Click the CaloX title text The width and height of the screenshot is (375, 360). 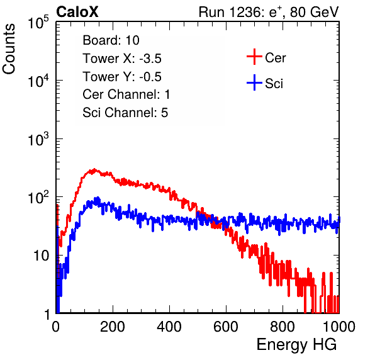tap(77, 12)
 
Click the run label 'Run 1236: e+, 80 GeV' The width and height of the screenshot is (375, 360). tap(269, 12)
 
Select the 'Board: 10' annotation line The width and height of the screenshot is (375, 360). tap(111, 40)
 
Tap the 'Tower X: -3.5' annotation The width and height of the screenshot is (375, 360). tap(122, 59)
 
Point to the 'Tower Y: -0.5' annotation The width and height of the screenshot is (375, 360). tap(122, 77)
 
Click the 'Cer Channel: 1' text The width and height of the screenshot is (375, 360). tap(126, 94)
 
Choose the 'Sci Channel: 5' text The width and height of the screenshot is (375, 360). tap(125, 113)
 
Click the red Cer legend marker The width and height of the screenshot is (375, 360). tap(254, 57)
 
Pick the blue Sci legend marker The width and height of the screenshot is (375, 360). tap(254, 82)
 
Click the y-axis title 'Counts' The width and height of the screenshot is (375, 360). tap(9, 49)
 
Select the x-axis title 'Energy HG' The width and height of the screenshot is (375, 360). tap(296, 345)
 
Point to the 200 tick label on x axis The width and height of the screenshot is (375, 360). tap(113, 327)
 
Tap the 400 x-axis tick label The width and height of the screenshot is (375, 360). tap(169, 327)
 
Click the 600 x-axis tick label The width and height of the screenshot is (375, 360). tap(226, 327)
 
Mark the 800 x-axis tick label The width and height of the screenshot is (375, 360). tap(283, 327)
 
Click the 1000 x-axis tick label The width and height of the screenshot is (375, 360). tap(339, 327)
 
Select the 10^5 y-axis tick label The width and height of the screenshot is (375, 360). tap(38, 22)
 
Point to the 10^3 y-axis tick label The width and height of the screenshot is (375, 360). tap(38, 138)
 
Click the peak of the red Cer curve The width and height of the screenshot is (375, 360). tap(94, 169)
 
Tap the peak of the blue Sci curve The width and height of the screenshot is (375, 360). tap(97, 198)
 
